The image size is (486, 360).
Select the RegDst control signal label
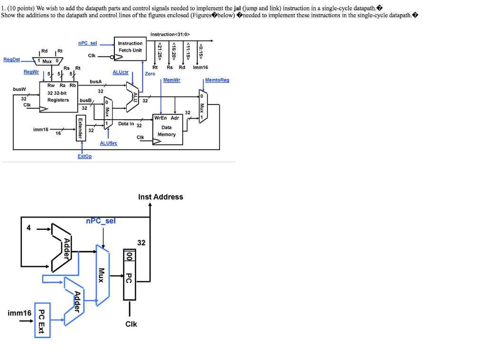[x=12, y=59]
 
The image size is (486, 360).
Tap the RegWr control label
[x=31, y=72]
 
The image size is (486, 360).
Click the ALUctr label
[x=121, y=72]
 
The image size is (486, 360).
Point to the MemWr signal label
[x=171, y=80]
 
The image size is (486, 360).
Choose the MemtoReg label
[x=217, y=80]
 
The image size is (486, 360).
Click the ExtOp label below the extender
[x=84, y=156]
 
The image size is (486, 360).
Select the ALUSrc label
[x=109, y=143]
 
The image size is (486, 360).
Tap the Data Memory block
[x=167, y=130]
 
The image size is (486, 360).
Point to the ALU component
[x=133, y=95]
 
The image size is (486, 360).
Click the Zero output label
[x=150, y=74]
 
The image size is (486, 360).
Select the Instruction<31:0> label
[x=170, y=34]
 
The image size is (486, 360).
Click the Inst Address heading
[x=160, y=197]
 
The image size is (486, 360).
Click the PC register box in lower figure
[x=129, y=275]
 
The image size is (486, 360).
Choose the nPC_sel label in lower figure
[x=101, y=221]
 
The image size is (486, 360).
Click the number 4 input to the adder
[x=28, y=227]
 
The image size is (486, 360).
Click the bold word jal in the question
[x=238, y=8]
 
